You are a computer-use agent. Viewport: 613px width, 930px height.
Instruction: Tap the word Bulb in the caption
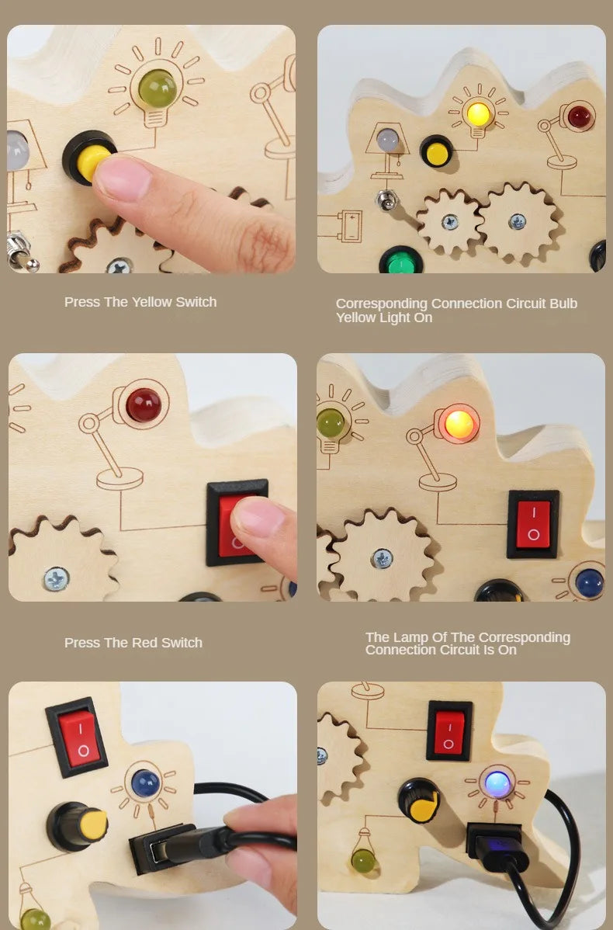(x=563, y=304)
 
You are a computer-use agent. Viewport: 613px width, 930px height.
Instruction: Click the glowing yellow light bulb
(x=477, y=113)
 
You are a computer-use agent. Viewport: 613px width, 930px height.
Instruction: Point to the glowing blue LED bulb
(x=497, y=784)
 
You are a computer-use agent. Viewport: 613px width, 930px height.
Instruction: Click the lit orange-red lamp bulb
(x=459, y=424)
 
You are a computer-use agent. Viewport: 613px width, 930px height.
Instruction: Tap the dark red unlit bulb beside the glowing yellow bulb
(x=579, y=118)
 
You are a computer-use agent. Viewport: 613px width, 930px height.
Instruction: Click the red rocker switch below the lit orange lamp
(x=532, y=523)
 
